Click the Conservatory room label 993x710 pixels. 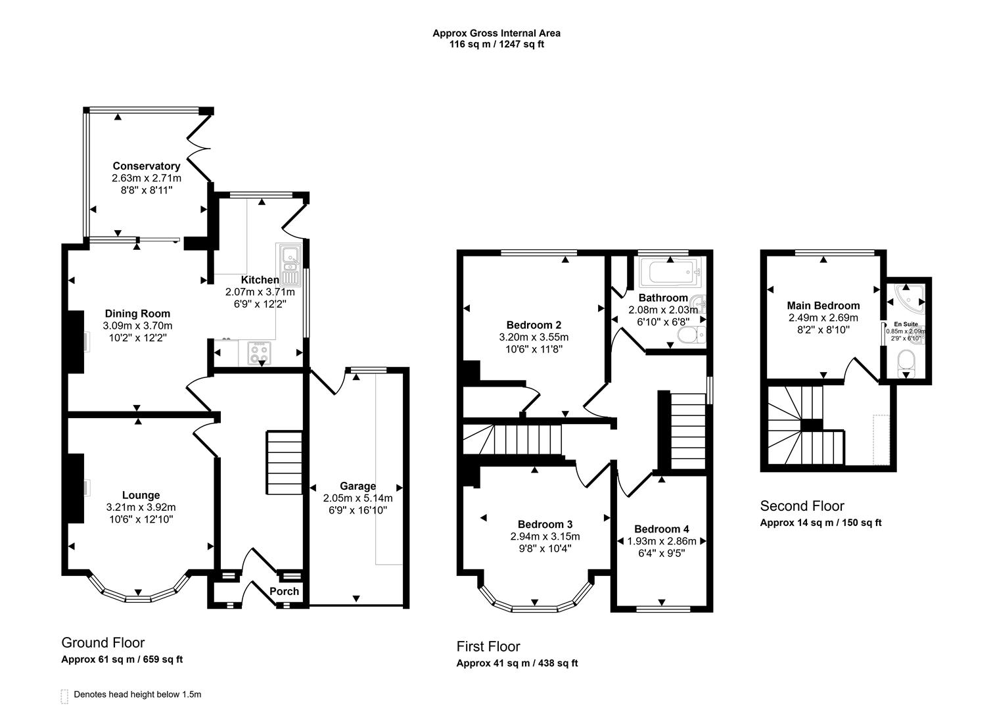(146, 166)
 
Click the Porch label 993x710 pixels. (284, 592)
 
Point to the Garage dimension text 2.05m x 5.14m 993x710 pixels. (358, 498)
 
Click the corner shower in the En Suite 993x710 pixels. (910, 296)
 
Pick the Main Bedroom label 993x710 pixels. (823, 306)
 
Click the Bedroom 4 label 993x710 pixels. (661, 529)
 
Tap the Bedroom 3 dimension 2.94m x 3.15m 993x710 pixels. (545, 536)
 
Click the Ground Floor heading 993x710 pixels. (103, 643)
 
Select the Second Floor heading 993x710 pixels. (802, 506)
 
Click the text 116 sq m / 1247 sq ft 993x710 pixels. (496, 45)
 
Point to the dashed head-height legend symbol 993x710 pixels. (64, 696)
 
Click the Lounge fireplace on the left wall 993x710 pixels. (76, 488)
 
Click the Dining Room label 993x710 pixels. (137, 314)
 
